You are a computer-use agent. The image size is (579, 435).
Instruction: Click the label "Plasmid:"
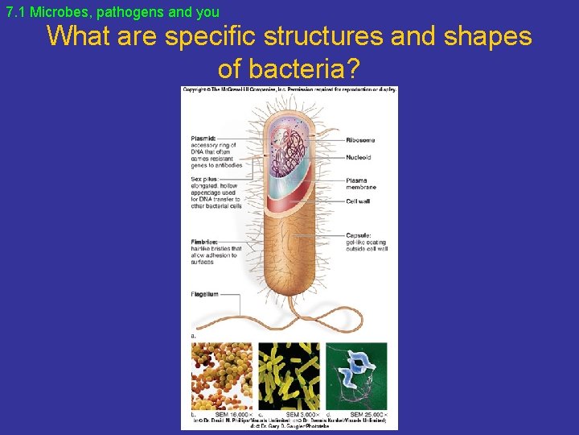coord(203,139)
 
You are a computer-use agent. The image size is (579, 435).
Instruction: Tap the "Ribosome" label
coord(360,140)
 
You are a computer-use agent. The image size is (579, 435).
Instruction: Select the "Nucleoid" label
coord(359,159)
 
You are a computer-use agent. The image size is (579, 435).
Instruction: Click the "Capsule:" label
coord(358,235)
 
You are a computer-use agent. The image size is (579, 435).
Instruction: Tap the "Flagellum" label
coord(205,294)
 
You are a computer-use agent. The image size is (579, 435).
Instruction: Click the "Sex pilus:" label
coord(204,178)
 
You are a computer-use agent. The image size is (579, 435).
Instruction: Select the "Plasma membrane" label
coord(361,184)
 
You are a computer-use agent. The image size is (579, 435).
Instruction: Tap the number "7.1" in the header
coord(15,12)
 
